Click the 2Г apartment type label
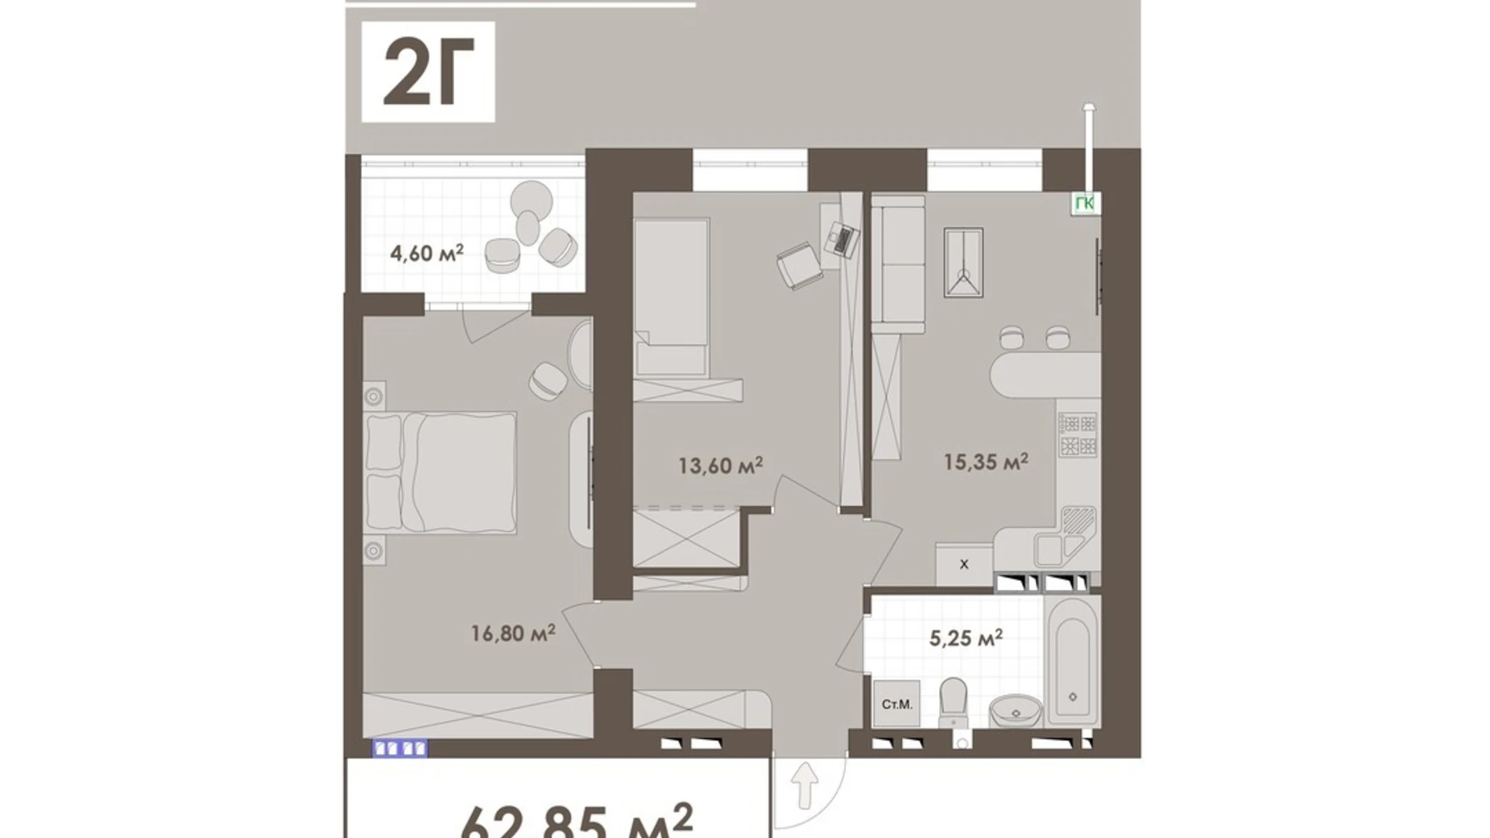(x=427, y=72)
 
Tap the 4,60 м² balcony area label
(x=426, y=253)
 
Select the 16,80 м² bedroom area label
(x=513, y=633)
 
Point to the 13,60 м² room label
(x=720, y=465)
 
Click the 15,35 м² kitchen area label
(x=985, y=462)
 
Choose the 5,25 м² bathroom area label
(x=965, y=638)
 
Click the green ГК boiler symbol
(x=1085, y=204)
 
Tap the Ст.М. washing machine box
(x=896, y=704)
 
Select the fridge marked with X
(x=963, y=564)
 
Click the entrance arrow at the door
(x=805, y=786)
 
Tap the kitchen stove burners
(x=1077, y=435)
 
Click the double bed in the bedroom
(x=441, y=472)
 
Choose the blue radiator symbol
(x=399, y=749)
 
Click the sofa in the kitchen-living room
(x=899, y=266)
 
